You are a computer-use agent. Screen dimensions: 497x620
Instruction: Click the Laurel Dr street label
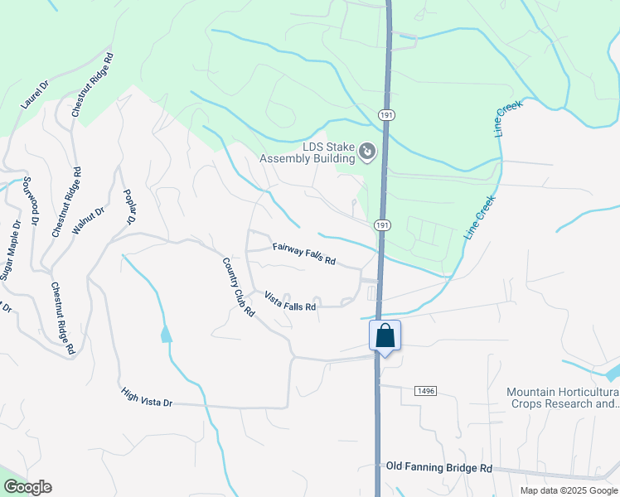36,94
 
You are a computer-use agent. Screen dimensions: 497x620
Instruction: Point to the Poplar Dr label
129,208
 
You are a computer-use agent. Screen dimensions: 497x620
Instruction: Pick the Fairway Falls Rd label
304,254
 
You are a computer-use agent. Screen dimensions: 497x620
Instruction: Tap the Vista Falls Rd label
290,301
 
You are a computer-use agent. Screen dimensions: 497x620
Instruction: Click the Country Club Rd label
238,287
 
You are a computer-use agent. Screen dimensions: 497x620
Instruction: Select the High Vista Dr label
147,398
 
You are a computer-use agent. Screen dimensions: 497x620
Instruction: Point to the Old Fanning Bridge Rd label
439,468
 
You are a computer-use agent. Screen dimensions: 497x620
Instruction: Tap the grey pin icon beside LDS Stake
366,152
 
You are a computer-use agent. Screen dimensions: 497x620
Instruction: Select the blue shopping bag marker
385,336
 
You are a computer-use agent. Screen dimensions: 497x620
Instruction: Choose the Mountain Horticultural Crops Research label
564,398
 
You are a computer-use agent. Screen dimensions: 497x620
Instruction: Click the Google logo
27,487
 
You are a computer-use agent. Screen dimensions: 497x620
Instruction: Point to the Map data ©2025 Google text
569,490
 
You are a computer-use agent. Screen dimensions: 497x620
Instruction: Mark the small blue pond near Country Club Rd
167,334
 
